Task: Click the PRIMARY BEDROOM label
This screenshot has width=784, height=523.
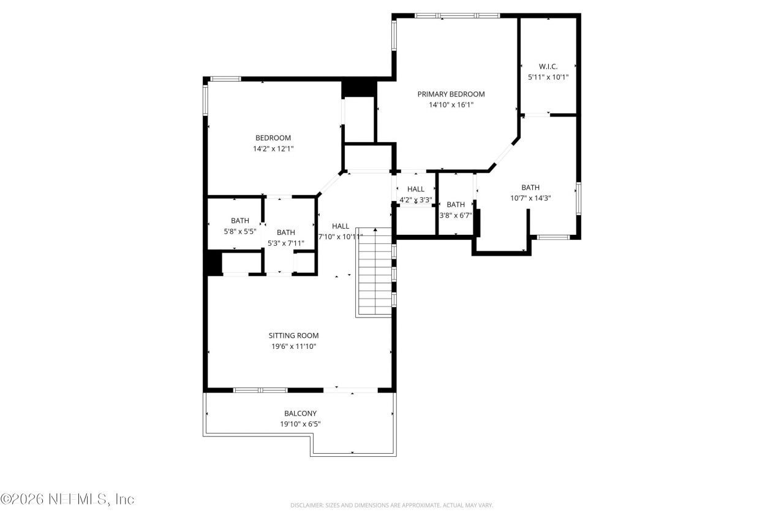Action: (x=451, y=94)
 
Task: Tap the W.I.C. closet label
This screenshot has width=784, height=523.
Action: (x=548, y=66)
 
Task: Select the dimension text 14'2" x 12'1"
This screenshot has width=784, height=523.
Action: (x=273, y=148)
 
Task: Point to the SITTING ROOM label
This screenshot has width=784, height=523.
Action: (x=293, y=335)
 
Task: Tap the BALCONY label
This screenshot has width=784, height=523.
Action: (x=300, y=413)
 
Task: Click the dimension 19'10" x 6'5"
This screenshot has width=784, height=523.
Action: (x=300, y=424)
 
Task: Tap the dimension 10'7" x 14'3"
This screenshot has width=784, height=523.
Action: (x=530, y=198)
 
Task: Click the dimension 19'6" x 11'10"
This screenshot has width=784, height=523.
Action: (x=293, y=346)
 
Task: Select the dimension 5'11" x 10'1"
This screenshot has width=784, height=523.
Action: (x=548, y=77)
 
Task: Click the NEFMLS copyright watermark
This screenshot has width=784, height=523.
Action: (x=67, y=499)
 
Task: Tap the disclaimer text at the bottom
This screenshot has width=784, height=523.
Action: (x=391, y=505)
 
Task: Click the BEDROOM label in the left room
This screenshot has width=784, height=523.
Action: (x=273, y=138)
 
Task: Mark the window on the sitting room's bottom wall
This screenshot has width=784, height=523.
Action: (x=260, y=389)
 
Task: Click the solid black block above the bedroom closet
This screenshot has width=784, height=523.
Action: (x=358, y=88)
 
